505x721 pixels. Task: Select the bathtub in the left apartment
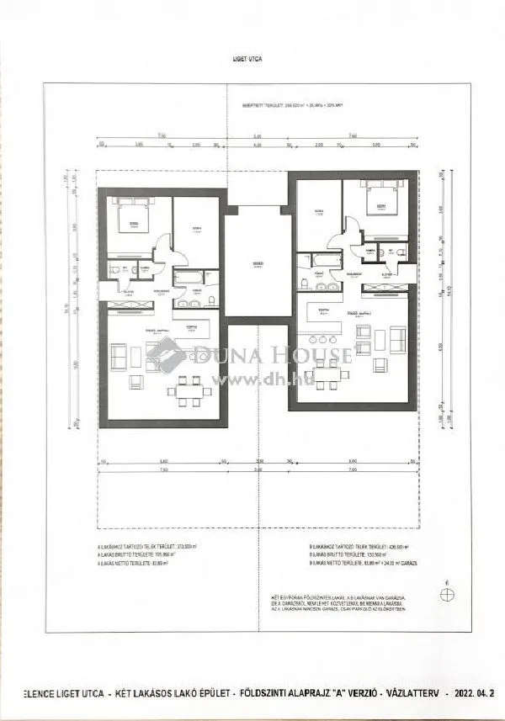point(188,277)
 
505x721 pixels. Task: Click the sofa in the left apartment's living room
point(120,358)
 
